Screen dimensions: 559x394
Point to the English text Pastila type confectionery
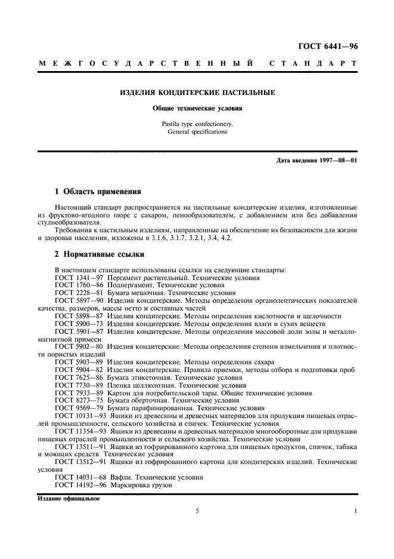tap(197, 124)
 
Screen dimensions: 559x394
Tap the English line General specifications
tap(197, 131)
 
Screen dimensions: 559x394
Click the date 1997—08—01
tap(336, 161)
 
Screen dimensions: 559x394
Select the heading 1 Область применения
tap(98, 192)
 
